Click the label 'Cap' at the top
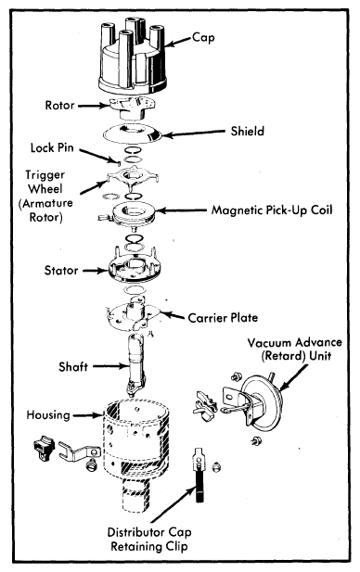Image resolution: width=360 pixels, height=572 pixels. tap(203, 38)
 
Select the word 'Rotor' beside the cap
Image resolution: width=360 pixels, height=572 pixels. tap(60, 106)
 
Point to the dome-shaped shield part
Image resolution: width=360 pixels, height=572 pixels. tap(132, 133)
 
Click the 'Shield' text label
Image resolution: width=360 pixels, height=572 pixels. tap(247, 132)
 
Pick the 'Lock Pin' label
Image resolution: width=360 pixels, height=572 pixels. tap(52, 147)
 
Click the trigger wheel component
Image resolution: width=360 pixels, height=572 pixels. tap(133, 178)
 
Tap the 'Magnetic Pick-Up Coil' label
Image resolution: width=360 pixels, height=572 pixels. tap(272, 210)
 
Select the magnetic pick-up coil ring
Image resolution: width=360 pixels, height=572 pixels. tap(134, 214)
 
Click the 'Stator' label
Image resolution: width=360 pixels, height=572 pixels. tap(61, 271)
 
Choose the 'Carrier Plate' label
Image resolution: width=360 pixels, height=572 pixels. tap(223, 318)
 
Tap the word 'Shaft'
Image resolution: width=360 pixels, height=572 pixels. tap(73, 366)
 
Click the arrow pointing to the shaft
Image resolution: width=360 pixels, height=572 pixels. tap(109, 366)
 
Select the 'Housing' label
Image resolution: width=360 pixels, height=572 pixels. tap(48, 414)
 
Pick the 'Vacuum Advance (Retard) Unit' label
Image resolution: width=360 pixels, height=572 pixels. tap(295, 350)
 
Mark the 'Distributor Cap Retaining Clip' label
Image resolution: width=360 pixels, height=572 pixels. tap(149, 540)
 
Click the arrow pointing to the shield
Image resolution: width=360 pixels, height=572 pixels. tap(194, 133)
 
